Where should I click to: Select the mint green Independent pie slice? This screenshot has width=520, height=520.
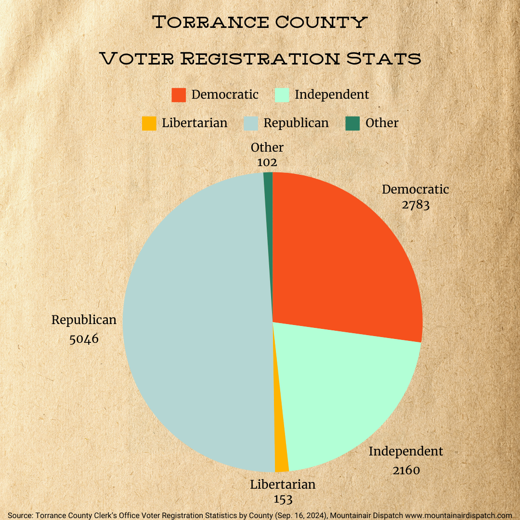(342, 395)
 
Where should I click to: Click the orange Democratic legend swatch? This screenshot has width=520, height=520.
(179, 95)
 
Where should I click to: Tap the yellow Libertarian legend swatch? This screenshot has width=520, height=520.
(149, 123)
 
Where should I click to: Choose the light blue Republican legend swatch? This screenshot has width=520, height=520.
(250, 123)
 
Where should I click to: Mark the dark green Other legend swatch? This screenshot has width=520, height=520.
(352, 123)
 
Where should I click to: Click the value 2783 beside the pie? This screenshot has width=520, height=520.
(416, 205)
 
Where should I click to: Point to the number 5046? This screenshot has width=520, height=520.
(84, 339)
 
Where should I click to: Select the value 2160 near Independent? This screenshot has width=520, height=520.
(406, 470)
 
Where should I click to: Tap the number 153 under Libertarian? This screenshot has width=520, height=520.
(283, 499)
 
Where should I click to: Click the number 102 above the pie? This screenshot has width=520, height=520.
(267, 163)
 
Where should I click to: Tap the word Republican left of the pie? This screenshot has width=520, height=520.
(84, 320)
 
